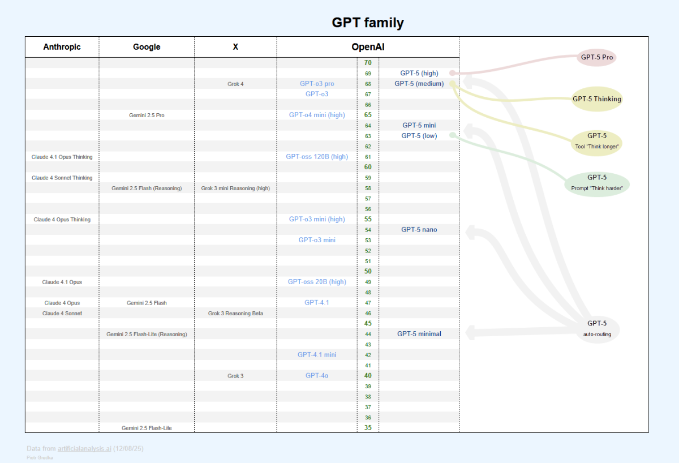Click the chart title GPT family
pyautogui.click(x=367, y=23)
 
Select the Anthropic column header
pyautogui.click(x=62, y=47)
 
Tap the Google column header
pyautogui.click(x=147, y=47)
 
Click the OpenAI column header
pyautogui.click(x=368, y=47)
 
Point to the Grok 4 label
pyautogui.click(x=235, y=84)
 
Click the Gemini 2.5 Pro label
pyautogui.click(x=147, y=115)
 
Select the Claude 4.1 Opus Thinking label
pyautogui.click(x=62, y=157)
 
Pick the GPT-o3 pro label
pyautogui.click(x=317, y=84)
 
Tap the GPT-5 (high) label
pyautogui.click(x=419, y=73)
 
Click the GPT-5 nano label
pyautogui.click(x=419, y=230)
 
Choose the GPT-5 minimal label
pyautogui.click(x=419, y=334)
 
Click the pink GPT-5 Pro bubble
pyautogui.click(x=597, y=57)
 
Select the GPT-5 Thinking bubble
pyautogui.click(x=596, y=99)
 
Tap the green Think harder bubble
pyautogui.click(x=596, y=182)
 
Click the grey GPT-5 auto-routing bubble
pyautogui.click(x=596, y=328)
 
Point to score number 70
pyautogui.click(x=368, y=63)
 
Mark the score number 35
pyautogui.click(x=368, y=428)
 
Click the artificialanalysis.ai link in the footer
pyautogui.click(x=84, y=448)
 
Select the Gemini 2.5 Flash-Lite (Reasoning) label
pyautogui.click(x=147, y=334)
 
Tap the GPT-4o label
pyautogui.click(x=317, y=376)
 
